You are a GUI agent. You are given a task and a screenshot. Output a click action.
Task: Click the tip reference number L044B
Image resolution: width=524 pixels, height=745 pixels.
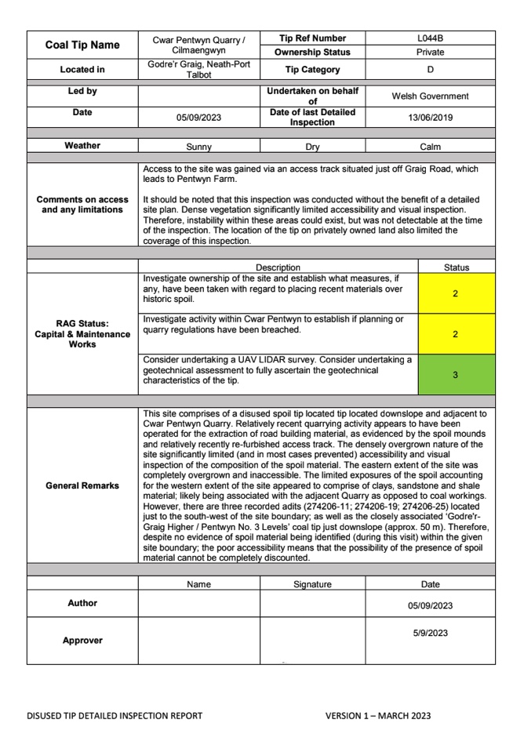[x=430, y=38]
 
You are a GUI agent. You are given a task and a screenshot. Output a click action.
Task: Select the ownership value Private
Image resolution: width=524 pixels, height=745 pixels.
[x=430, y=53]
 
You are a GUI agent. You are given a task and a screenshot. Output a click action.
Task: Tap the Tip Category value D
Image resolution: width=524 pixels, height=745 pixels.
[x=430, y=70]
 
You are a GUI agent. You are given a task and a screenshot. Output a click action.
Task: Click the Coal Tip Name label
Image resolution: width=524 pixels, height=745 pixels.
[x=82, y=45]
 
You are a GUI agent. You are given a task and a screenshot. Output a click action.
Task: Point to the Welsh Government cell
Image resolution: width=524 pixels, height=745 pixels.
[x=430, y=96]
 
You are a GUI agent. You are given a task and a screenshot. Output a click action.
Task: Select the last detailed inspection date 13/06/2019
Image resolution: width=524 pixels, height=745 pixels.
[x=430, y=118]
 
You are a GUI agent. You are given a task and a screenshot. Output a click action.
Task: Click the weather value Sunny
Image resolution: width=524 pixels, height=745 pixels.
[x=198, y=147]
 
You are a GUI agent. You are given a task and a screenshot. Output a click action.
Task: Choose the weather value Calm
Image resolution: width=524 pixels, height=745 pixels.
[x=430, y=147]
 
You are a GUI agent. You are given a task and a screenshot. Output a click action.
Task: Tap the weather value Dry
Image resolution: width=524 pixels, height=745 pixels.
[x=312, y=147]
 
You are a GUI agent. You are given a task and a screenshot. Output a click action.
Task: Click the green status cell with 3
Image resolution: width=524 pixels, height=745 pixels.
[x=456, y=375]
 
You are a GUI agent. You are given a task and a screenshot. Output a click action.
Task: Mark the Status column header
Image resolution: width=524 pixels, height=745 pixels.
[x=457, y=267]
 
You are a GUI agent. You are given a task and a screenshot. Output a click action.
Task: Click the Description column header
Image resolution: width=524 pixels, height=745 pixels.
[x=278, y=267]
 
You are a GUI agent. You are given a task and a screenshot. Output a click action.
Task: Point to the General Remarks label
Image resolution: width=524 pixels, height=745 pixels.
[x=82, y=485]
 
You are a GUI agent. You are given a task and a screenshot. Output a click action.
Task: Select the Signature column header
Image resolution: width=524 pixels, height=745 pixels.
[x=312, y=584]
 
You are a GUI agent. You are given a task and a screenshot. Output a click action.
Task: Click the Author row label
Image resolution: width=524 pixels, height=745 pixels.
[x=82, y=604]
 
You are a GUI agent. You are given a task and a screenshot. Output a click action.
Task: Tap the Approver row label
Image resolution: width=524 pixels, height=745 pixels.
[x=82, y=641]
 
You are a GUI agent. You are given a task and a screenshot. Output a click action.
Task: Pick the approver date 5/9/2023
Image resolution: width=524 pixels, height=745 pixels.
[x=430, y=633]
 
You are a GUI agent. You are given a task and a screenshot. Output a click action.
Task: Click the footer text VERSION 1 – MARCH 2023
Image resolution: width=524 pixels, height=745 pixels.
[x=378, y=715]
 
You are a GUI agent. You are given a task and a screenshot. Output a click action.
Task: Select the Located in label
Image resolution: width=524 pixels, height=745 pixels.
[x=82, y=70]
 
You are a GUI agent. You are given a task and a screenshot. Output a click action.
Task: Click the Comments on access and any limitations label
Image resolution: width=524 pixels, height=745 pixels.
[x=82, y=205]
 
